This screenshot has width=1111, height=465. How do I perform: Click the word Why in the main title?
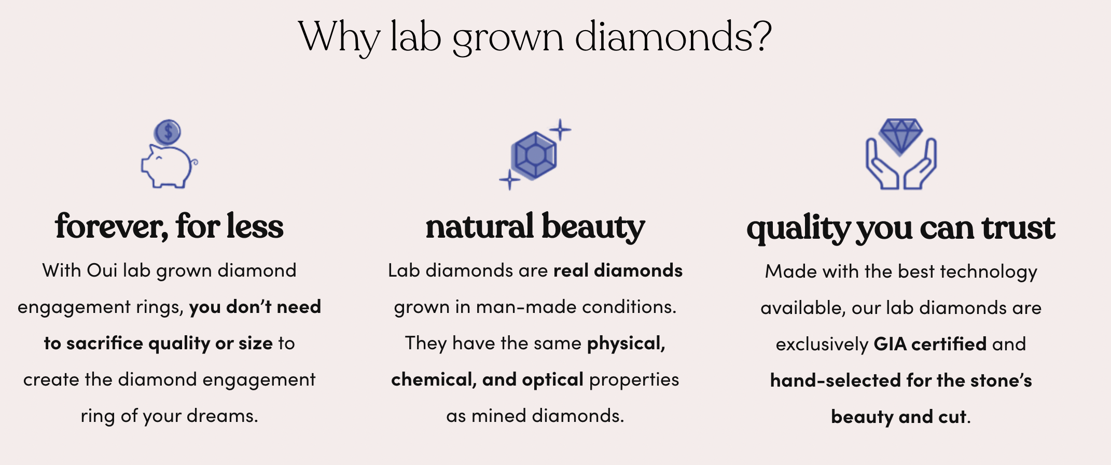point(340,38)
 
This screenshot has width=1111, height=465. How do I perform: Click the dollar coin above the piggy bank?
point(168,132)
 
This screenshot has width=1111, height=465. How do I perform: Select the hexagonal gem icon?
point(533,155)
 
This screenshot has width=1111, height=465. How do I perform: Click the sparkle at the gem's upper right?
point(560,130)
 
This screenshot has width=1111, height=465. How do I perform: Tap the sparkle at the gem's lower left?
point(509,180)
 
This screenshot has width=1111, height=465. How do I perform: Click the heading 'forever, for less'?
point(169,226)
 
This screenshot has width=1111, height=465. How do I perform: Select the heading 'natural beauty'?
point(535,227)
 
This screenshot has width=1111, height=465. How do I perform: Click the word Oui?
point(102,270)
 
